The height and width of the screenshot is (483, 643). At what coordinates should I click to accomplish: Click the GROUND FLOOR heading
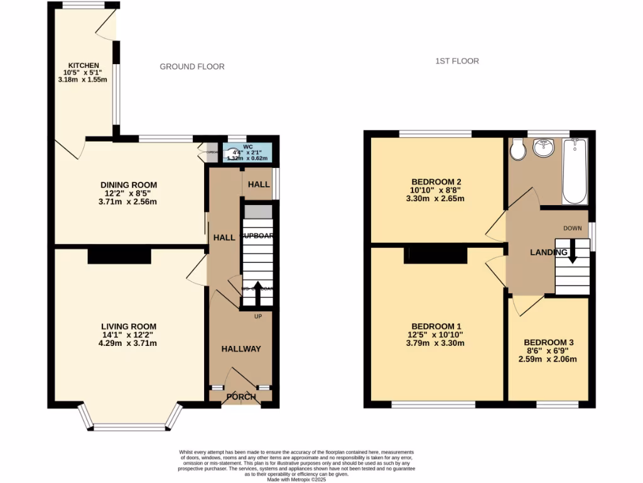coord(192,67)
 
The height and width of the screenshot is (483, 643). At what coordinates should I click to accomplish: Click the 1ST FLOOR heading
coord(457,61)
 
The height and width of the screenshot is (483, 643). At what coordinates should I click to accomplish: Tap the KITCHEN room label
coord(84,65)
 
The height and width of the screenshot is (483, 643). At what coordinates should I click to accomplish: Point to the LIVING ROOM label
coord(129,326)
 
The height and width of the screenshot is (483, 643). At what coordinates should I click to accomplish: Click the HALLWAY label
coord(240,348)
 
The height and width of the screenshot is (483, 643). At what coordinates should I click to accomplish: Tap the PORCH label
coord(241,397)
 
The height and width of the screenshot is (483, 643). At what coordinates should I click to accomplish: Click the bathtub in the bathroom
coord(575,170)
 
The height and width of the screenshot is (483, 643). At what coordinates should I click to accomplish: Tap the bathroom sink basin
coord(541,148)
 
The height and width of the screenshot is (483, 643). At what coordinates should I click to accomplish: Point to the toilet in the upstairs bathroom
coord(518,150)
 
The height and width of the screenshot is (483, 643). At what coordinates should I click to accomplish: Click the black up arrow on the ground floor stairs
coord(257,293)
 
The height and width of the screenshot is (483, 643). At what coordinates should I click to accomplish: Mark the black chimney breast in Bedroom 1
coord(436,255)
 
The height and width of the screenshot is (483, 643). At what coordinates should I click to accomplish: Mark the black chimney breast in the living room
coord(119,255)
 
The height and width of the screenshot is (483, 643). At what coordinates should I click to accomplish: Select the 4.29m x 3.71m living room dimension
coord(129,343)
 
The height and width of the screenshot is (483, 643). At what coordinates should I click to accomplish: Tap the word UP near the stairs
coord(257,316)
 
